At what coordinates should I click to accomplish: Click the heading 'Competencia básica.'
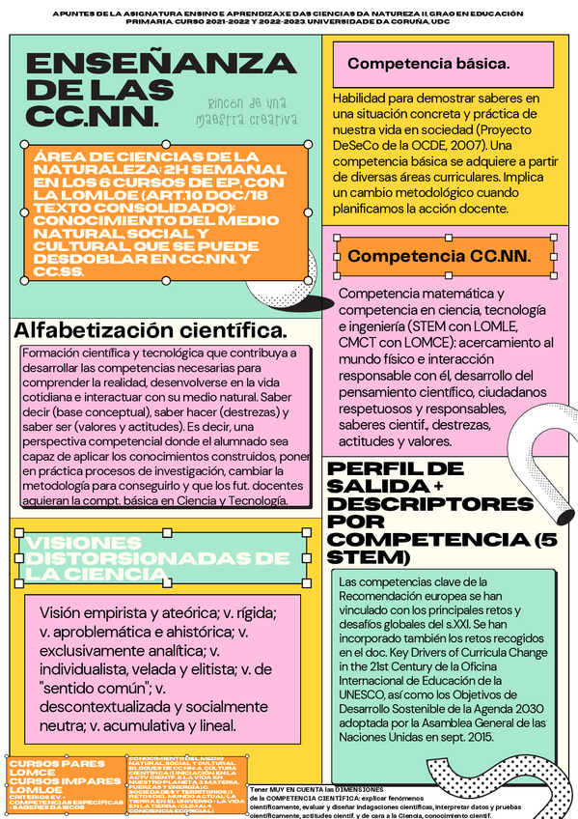pos(428,64)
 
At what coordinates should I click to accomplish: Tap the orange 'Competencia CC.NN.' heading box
pos(448,256)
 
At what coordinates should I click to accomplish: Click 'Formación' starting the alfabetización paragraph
pos(51,353)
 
